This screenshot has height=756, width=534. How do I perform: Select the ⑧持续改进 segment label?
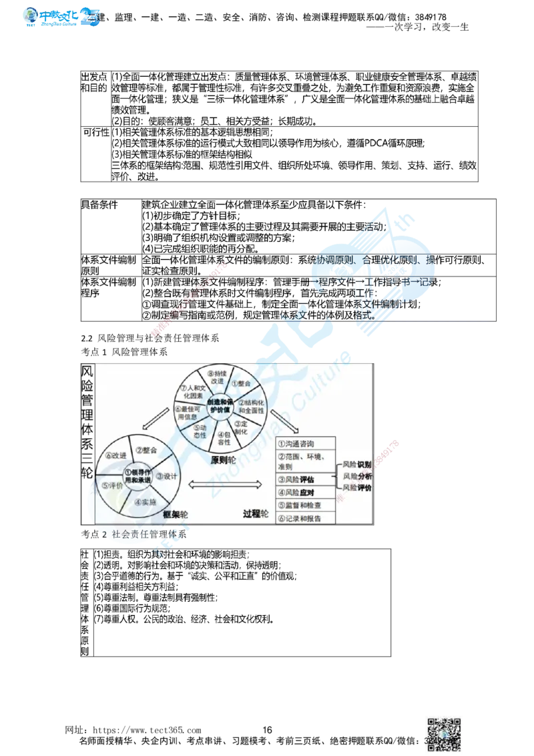(216, 377)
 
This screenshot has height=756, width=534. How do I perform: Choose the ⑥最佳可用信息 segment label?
(188, 413)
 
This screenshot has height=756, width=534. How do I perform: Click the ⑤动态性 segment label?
(200, 431)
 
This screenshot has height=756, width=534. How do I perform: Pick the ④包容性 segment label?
(224, 438)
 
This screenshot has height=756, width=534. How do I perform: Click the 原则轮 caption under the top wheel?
(222, 460)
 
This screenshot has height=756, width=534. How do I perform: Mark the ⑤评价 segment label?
(112, 486)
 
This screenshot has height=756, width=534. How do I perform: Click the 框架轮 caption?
(175, 515)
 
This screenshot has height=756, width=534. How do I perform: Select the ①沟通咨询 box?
(306, 443)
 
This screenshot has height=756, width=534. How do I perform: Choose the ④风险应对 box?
(306, 493)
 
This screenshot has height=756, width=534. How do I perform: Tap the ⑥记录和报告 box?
(306, 519)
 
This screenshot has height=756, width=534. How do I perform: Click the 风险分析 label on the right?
(357, 476)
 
